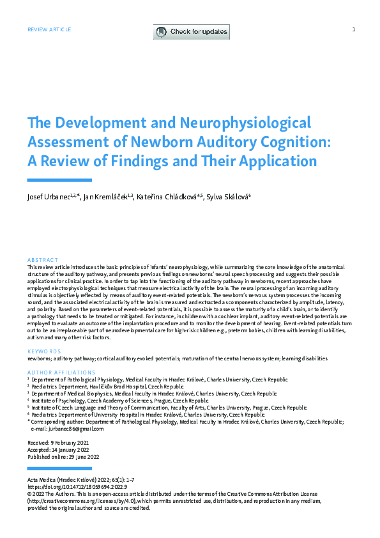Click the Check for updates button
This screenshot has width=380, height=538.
pos(191,31)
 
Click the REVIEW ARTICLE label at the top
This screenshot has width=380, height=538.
pos(49,29)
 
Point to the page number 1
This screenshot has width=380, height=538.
pos(353,29)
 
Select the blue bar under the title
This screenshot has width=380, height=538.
pos(59,180)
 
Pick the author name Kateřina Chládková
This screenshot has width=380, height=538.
pos(168,197)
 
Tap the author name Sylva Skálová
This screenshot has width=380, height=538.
pos(227,197)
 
